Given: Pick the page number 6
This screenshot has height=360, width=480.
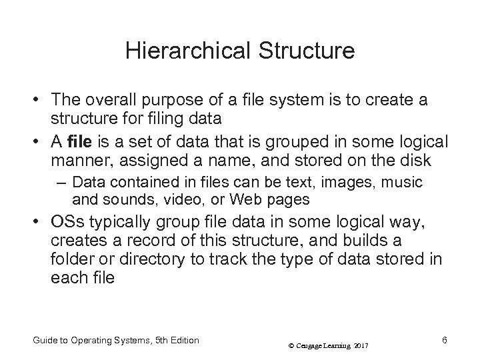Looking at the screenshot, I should click(444, 340).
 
